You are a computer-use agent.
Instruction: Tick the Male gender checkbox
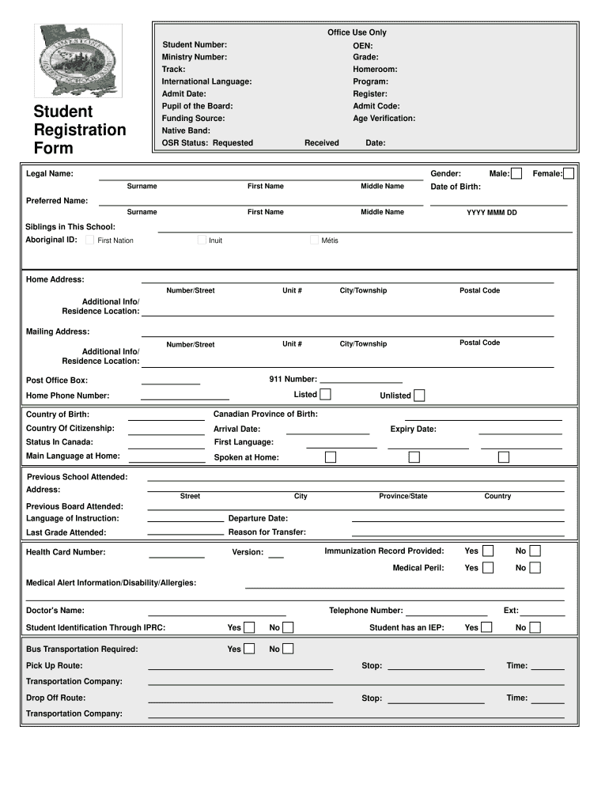(516, 173)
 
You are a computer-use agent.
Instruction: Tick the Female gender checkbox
(569, 173)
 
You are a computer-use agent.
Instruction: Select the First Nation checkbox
(90, 240)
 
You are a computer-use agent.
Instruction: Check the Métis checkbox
(315, 240)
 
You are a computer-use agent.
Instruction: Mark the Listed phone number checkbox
(325, 395)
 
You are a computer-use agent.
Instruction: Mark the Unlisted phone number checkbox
(419, 396)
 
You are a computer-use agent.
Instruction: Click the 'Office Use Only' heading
(357, 32)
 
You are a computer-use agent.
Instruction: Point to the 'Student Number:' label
(195, 44)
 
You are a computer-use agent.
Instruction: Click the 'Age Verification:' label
(384, 119)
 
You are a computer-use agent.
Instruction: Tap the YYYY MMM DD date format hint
(491, 213)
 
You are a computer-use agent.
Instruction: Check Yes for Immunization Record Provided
(489, 551)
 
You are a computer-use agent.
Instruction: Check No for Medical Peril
(535, 567)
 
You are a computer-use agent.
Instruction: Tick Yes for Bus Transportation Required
(249, 649)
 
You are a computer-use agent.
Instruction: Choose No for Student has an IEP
(535, 627)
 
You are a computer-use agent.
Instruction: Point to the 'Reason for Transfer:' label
(267, 532)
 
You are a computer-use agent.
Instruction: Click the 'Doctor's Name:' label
(55, 611)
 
